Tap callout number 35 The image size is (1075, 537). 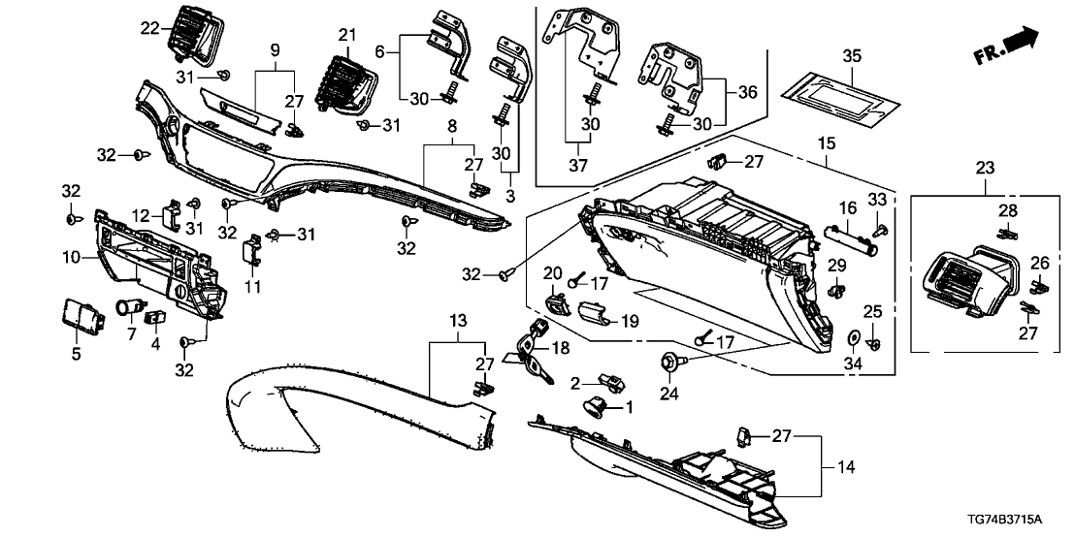coord(851,55)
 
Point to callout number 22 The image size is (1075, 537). coord(148,27)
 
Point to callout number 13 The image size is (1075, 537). coord(458,319)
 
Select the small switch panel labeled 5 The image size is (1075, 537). coord(78,313)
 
